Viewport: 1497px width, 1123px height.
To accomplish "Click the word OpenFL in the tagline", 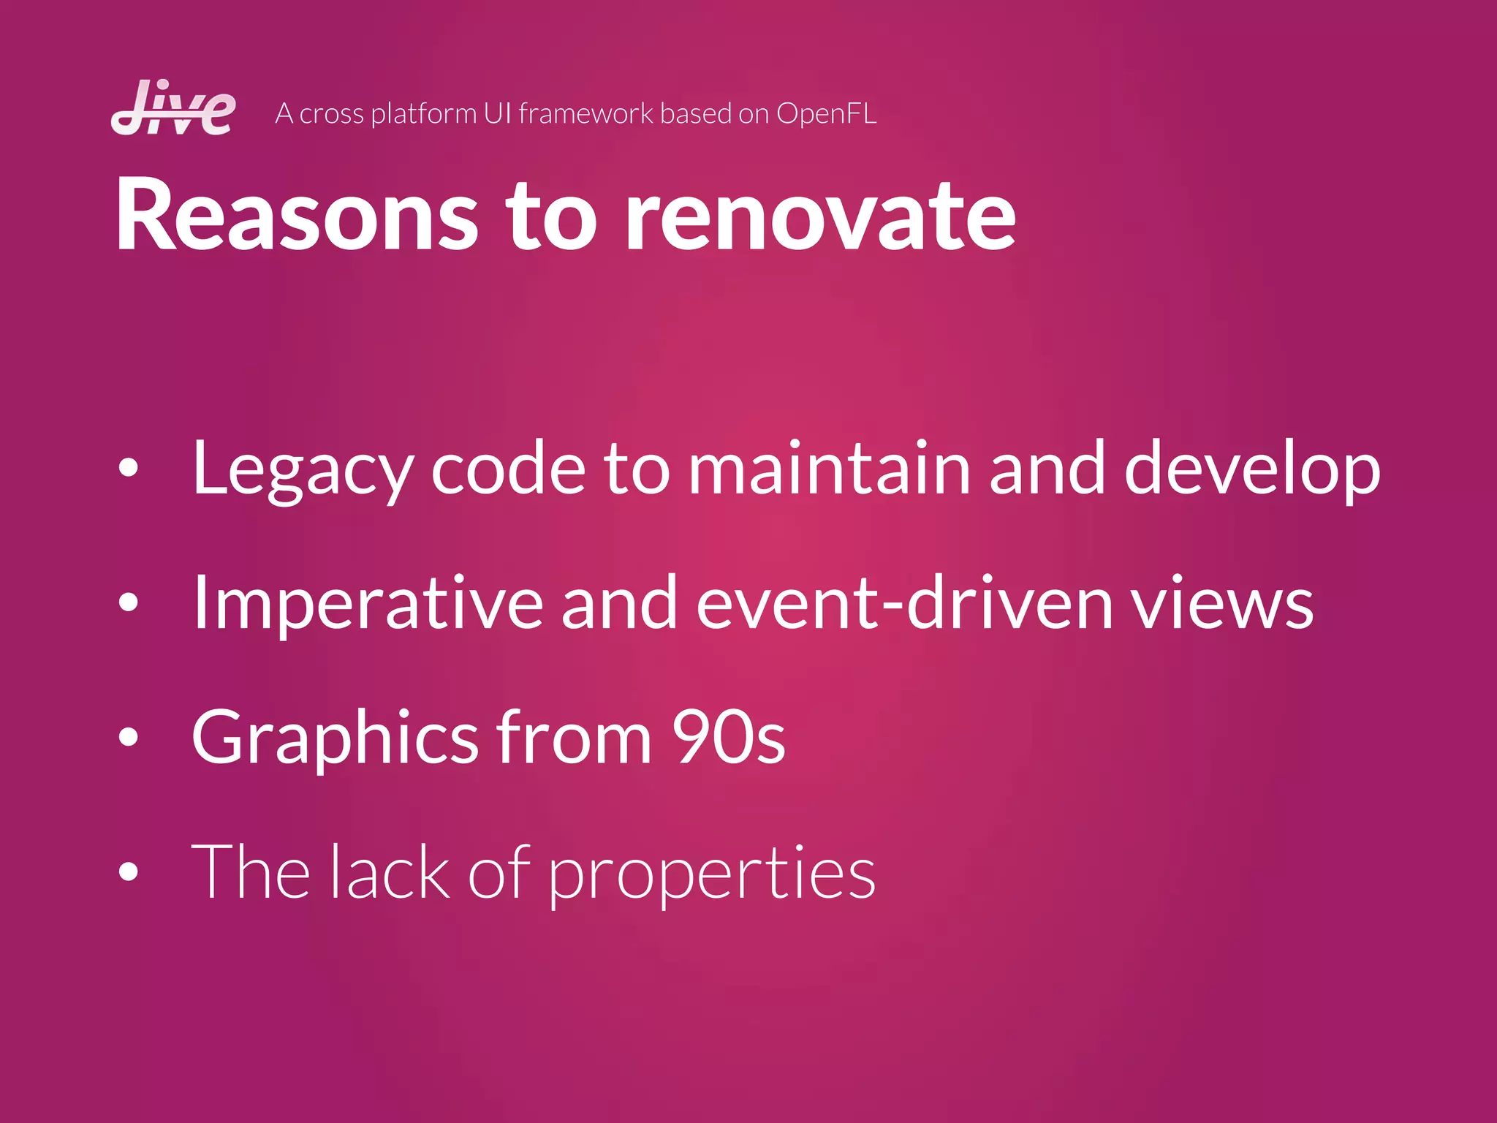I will tap(826, 114).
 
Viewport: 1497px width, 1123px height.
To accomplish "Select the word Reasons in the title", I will tap(297, 216).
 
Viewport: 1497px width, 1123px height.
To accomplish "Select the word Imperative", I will tap(368, 604).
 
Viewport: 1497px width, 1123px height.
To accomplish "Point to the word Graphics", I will tap(335, 738).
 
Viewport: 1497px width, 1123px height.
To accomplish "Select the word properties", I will tap(711, 874).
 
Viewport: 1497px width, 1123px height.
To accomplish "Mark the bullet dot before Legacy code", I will tap(129, 469).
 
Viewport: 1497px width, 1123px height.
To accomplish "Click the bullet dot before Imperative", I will tap(129, 602).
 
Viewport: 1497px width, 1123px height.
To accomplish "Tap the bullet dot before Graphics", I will tap(129, 737).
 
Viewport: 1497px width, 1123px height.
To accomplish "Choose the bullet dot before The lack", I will tap(129, 871).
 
